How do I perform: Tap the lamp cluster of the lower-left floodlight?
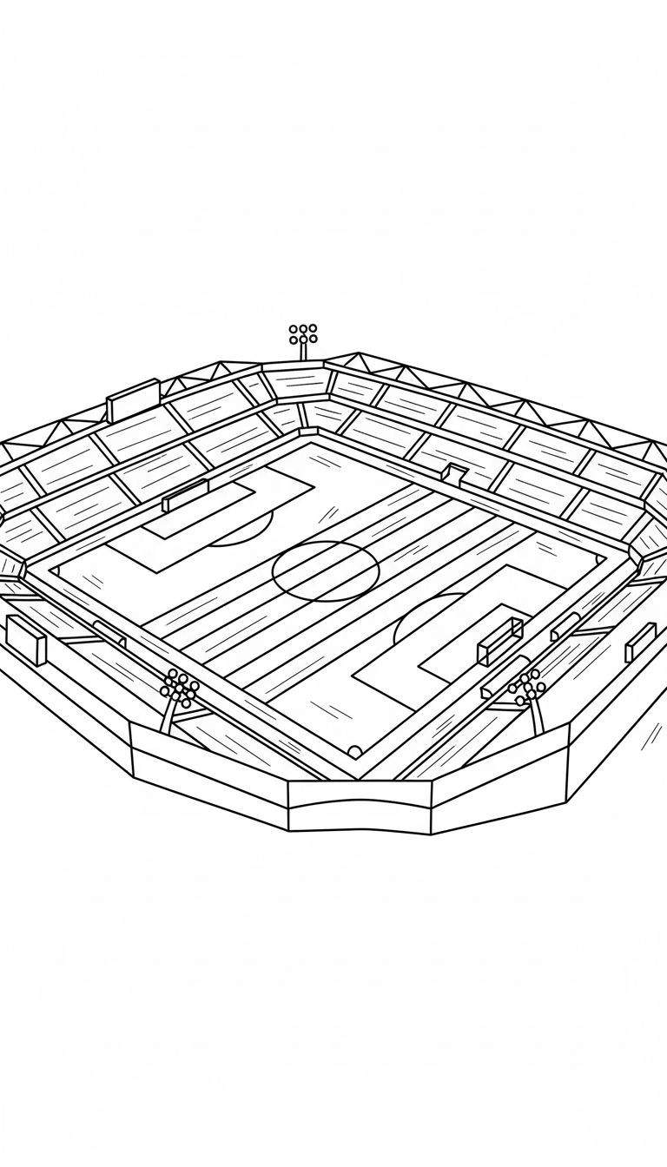pos(181,686)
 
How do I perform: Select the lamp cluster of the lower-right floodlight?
pos(527,686)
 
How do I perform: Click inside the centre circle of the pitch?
pos(326,570)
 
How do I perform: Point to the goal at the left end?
pos(185,496)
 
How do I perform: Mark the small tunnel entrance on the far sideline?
pos(454,474)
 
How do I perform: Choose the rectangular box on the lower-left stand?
pos(26,639)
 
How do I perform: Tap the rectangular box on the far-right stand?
pos(641,641)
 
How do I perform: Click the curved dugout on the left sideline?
pos(109,634)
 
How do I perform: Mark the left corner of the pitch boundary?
pos(52,569)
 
